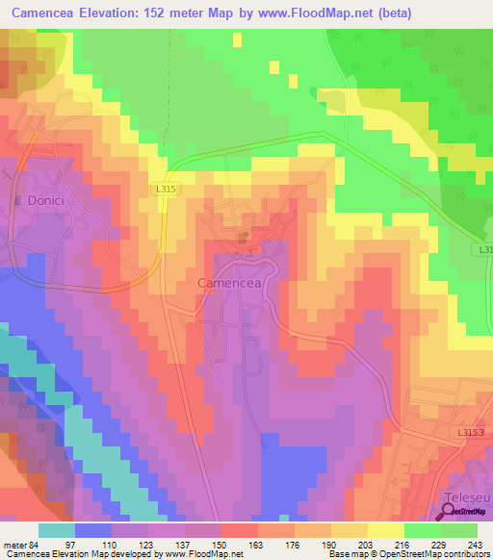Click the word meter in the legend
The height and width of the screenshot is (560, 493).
pyautogui.click(x=14, y=544)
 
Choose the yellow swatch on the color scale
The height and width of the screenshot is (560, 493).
pyautogui.click(x=385, y=530)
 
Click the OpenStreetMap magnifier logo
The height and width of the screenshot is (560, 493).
pyautogui.click(x=448, y=511)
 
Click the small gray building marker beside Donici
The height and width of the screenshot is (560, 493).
pyautogui.click(x=18, y=200)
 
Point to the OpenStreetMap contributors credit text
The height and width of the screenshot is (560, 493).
pyautogui.click(x=436, y=555)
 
